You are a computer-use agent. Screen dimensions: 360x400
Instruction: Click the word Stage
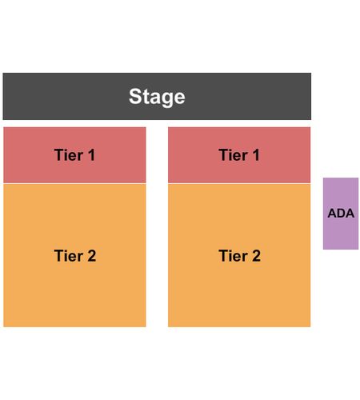(157, 97)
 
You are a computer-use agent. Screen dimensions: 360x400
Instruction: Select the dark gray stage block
(157, 96)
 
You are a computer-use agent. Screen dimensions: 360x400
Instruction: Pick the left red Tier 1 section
(74, 155)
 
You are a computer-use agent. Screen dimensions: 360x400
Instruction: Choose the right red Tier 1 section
(239, 155)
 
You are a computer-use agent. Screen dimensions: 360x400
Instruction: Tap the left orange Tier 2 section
(74, 255)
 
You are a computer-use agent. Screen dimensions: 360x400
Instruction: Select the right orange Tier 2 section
(239, 255)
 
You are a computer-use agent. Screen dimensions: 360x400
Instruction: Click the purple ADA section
(341, 214)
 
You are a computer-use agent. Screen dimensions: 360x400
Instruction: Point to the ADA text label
(341, 213)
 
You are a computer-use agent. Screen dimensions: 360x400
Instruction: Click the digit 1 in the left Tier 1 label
(91, 155)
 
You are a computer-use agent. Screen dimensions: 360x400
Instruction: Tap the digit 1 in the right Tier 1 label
(256, 155)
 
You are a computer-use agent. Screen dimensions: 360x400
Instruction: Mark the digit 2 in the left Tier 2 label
(91, 256)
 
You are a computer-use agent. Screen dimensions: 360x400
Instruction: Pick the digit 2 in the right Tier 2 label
(256, 256)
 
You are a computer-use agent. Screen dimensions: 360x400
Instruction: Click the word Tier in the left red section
(69, 155)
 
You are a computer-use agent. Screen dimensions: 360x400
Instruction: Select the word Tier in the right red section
(233, 155)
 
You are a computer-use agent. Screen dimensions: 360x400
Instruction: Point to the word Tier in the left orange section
(69, 256)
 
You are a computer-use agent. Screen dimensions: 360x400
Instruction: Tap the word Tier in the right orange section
(233, 256)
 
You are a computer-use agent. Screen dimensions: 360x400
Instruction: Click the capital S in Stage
(134, 96)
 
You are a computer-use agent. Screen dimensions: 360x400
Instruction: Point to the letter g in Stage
(166, 100)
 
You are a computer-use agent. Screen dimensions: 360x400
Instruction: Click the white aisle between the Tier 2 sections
(157, 255)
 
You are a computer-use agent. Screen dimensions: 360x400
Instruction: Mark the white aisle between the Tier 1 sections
(157, 155)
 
